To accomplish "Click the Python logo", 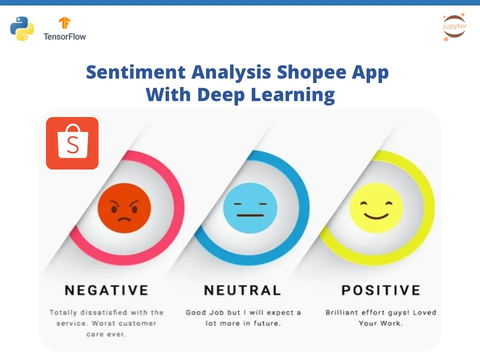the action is point(22,28).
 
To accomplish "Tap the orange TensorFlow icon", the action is point(64,23).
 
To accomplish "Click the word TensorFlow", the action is point(64,36).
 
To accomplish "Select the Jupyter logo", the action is point(454,26).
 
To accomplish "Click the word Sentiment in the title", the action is point(136,72).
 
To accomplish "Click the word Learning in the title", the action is point(293,95).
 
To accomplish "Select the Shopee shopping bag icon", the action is point(72,143).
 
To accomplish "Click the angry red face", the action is point(124,208).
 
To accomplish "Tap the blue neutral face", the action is point(250,208).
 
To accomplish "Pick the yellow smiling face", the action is point(376,208).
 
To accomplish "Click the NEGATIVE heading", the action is point(107,290).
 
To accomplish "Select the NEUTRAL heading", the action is point(243,290).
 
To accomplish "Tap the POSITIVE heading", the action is point(381,290).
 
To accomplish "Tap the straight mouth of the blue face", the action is point(250,215).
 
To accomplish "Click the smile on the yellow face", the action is point(376,216).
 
